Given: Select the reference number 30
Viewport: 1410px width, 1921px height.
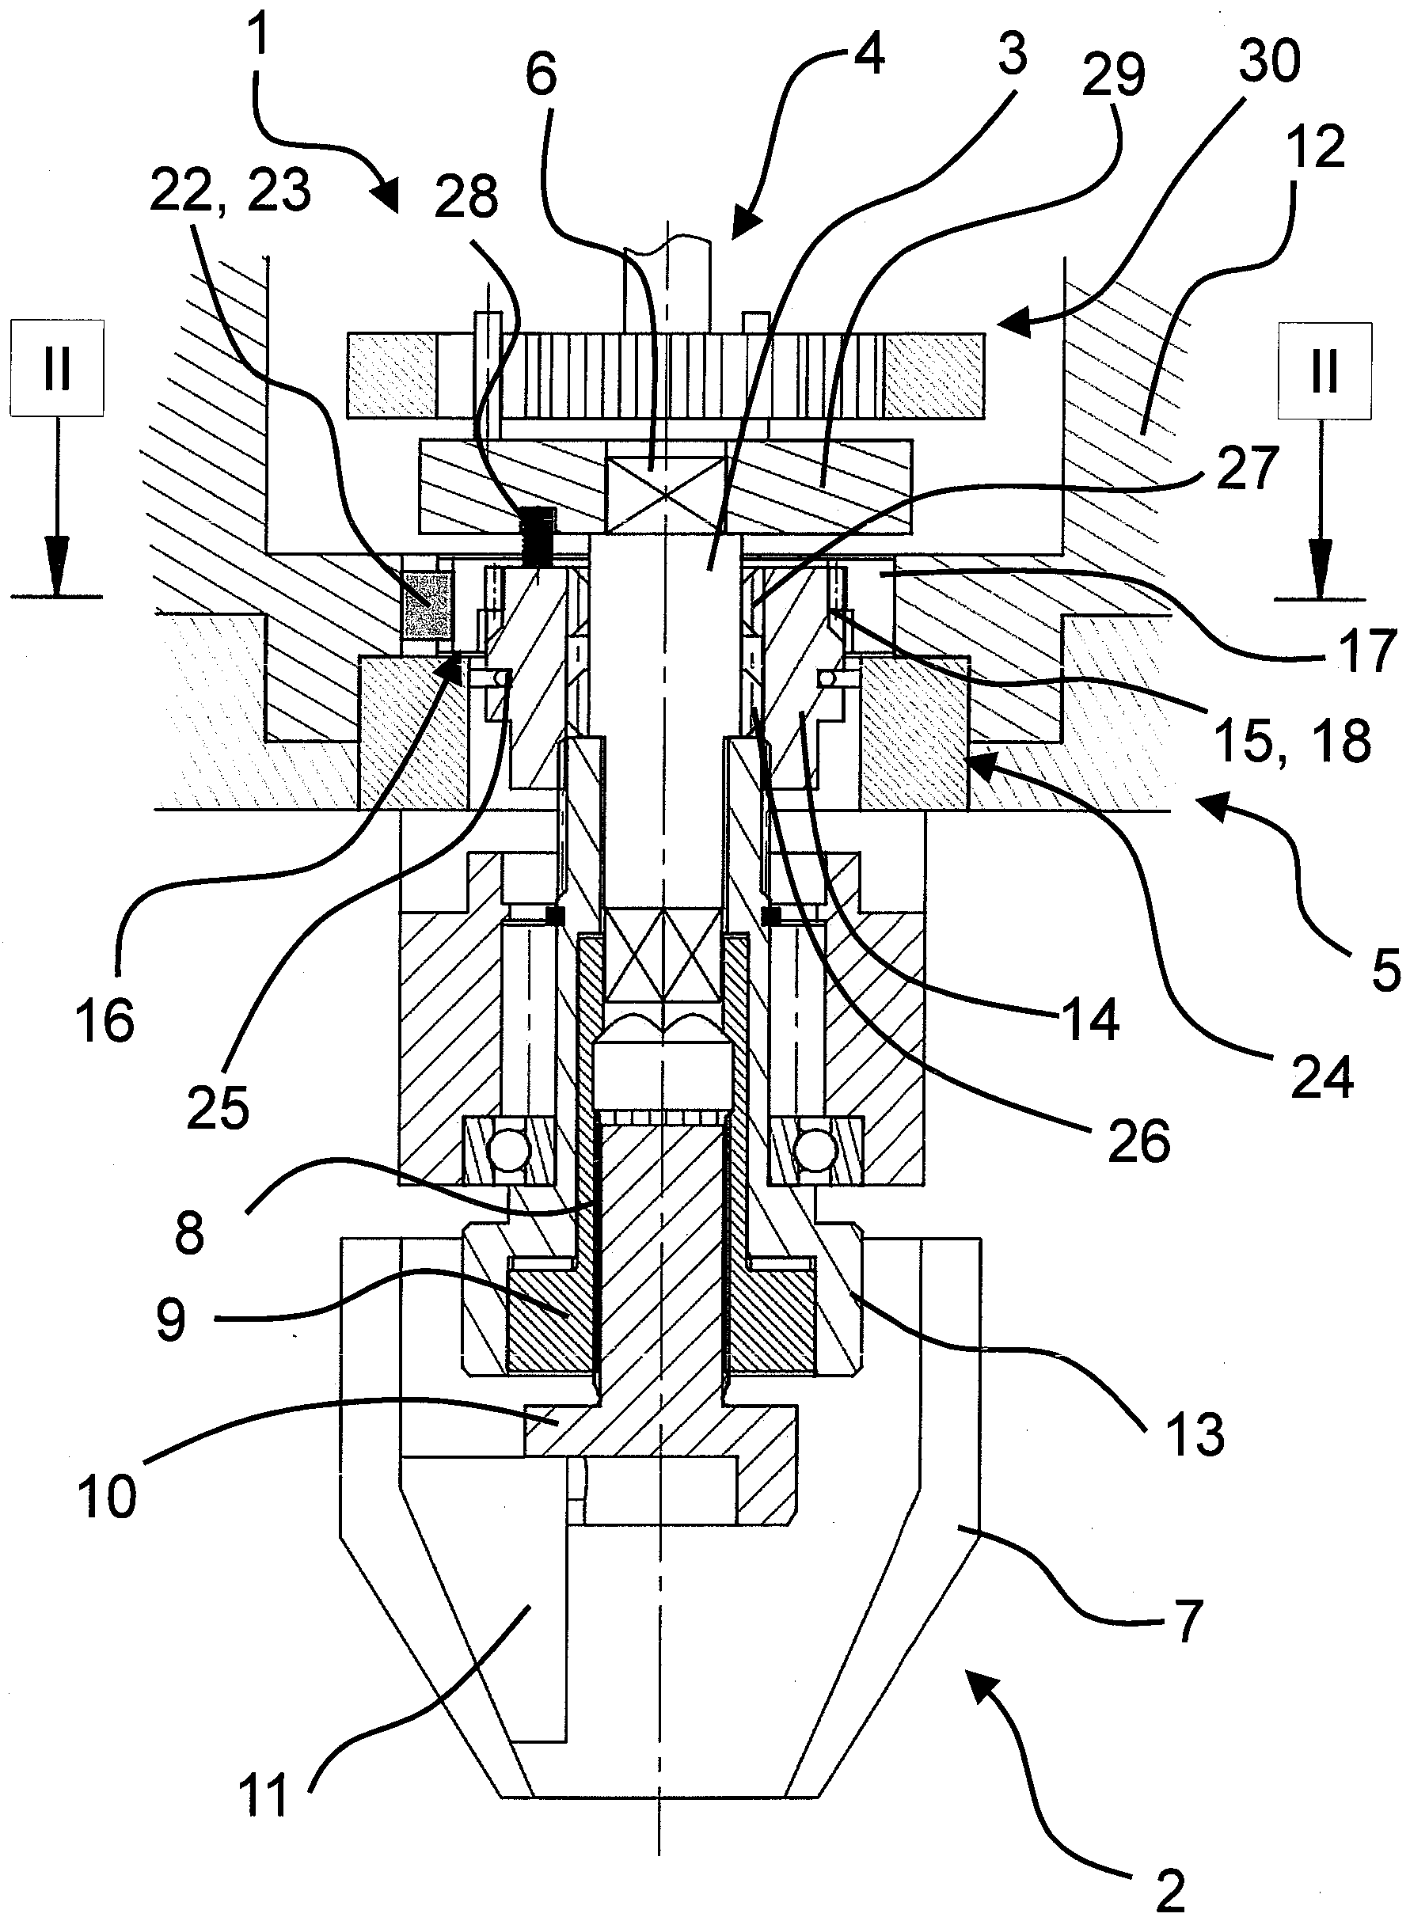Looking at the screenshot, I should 1270,62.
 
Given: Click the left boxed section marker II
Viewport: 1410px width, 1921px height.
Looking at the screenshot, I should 57,368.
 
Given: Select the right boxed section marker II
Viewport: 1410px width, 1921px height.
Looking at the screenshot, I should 1324,370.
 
